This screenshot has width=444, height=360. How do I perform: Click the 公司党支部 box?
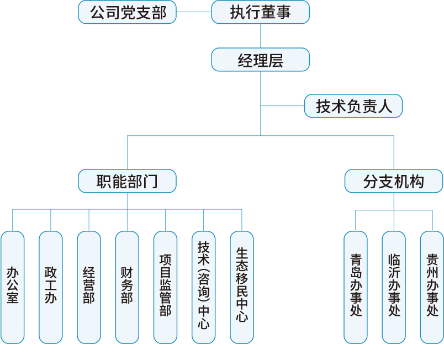coord(127,12)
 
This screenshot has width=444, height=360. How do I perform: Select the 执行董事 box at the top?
coord(260,12)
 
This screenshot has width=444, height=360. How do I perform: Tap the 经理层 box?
coord(260,60)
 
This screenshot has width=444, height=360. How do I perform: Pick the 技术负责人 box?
coord(353,106)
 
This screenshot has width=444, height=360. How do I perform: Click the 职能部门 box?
coord(127,181)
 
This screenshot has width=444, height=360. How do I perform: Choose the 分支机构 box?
coord(394,181)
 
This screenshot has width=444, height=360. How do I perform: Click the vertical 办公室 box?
coord(13,287)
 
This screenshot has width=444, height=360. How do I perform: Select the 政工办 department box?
coord(51,287)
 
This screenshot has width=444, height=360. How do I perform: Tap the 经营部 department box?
coord(89,287)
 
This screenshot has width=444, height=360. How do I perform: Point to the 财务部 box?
coord(127,287)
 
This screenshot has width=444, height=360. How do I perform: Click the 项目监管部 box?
coord(165,287)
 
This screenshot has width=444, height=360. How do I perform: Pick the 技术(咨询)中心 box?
coord(203,287)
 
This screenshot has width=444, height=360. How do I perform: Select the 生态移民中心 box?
coord(241,287)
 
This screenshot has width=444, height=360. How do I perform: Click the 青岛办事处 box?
coord(356,287)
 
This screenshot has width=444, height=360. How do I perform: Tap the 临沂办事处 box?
coord(394,287)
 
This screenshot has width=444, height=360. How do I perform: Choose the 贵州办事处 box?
coord(432,287)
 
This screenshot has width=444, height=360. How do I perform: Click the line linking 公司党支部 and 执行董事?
coord(194,12)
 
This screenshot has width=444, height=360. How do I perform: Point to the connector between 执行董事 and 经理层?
coord(260,36)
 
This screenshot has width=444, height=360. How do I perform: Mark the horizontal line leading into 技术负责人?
coord(282,106)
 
